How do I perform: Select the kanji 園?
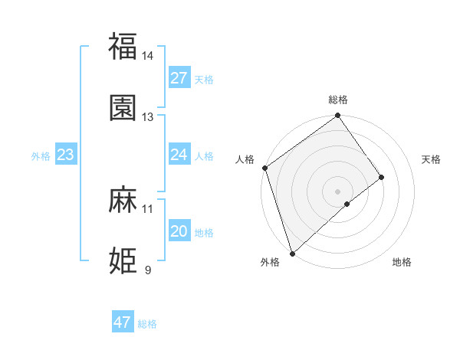(123, 107)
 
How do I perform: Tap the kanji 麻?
(123, 200)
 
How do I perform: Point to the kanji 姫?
(123, 260)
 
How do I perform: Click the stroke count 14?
(148, 56)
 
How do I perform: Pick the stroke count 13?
(148, 117)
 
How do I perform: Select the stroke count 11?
(148, 208)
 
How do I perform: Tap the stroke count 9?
(148, 270)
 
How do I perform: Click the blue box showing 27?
(179, 78)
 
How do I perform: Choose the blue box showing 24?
(179, 155)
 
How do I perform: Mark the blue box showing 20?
(179, 231)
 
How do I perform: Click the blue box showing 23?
(66, 155)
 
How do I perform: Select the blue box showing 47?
(123, 322)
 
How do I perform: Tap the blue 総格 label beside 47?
(147, 324)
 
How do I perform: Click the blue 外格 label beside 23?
(41, 156)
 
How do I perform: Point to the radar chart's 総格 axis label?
(338, 100)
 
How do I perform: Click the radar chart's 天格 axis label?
(432, 159)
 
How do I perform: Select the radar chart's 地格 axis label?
(402, 262)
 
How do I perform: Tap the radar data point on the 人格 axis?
(264, 168)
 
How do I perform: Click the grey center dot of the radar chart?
(338, 191)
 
